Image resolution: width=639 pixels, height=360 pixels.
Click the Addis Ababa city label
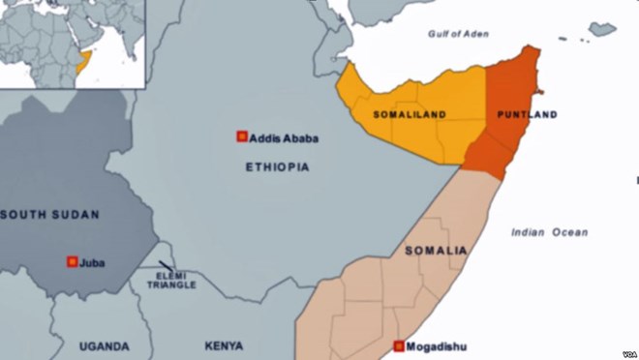point(284,138)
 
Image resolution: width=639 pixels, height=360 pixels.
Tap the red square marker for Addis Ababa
point(242,137)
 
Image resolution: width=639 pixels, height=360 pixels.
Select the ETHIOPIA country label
point(277,167)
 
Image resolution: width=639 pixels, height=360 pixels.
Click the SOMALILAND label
point(410,115)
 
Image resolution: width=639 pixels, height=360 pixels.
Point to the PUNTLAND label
point(527,115)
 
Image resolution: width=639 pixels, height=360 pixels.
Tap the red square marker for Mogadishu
point(399,345)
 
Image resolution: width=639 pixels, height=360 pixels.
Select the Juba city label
point(94,262)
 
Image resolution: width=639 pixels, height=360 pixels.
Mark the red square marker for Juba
point(72,261)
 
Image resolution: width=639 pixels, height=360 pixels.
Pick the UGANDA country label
point(104,345)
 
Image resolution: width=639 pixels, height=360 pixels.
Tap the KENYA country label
point(224,345)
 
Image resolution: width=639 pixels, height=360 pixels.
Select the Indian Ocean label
point(550,232)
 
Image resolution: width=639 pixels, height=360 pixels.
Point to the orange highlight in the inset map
point(82,64)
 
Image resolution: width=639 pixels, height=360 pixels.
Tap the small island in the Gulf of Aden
point(602,29)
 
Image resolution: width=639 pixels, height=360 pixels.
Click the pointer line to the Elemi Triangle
point(167,265)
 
